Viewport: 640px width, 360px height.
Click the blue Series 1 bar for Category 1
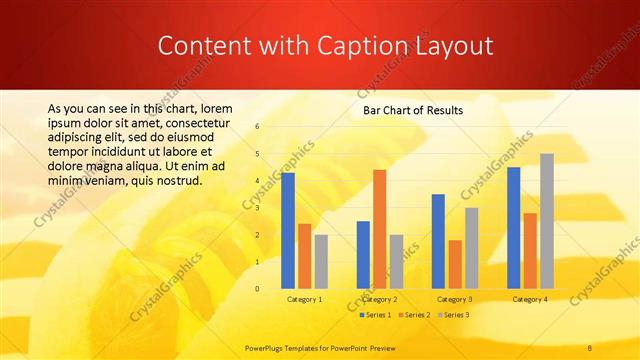pos(288,230)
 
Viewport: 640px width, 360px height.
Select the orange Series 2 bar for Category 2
pos(379,229)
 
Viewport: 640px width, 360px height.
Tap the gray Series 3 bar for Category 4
pos(547,221)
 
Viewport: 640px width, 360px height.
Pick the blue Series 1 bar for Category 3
pos(438,241)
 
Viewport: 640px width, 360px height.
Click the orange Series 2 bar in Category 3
pos(455,264)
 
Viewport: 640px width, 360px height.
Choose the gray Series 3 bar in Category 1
pos(321,261)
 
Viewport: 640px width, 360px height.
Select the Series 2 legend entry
pos(414,315)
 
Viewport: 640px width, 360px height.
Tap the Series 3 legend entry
pos(452,315)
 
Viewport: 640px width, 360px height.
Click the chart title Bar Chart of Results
pos(412,110)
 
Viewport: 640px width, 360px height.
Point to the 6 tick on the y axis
pos(257,127)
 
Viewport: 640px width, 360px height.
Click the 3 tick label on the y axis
pos(257,208)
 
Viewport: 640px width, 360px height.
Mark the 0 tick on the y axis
pos(257,289)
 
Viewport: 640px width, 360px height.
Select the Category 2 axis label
pos(379,299)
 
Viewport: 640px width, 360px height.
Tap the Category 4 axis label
pos(530,299)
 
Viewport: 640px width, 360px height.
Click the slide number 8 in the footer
pos(590,347)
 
